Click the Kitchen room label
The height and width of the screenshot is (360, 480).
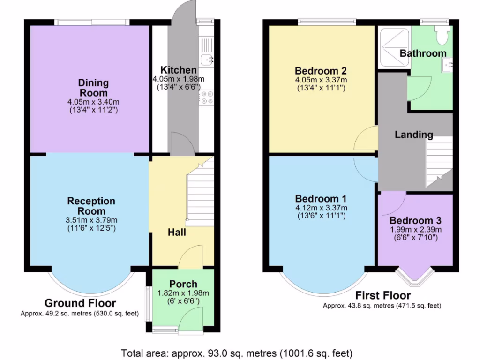pyautogui.click(x=179, y=70)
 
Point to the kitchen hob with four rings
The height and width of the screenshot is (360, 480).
pyautogui.click(x=206, y=97)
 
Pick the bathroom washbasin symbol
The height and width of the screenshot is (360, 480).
pyautogui.click(x=447, y=65)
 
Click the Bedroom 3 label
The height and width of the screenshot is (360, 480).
pyautogui.click(x=415, y=220)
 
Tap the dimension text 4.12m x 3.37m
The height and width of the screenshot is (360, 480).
pyautogui.click(x=321, y=208)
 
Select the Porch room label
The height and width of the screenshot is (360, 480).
pyautogui.click(x=183, y=284)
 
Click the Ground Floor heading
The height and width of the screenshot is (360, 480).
pyautogui.click(x=80, y=303)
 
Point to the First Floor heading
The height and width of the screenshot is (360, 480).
pyautogui.click(x=382, y=295)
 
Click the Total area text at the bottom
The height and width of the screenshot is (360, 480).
pyautogui.click(x=237, y=353)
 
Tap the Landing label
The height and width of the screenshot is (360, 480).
pyautogui.click(x=413, y=135)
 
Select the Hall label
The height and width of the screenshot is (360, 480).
pyautogui.click(x=177, y=232)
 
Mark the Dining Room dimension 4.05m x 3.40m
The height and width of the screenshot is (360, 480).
pyautogui.click(x=93, y=102)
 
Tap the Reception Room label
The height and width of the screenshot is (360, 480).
pyautogui.click(x=91, y=206)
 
